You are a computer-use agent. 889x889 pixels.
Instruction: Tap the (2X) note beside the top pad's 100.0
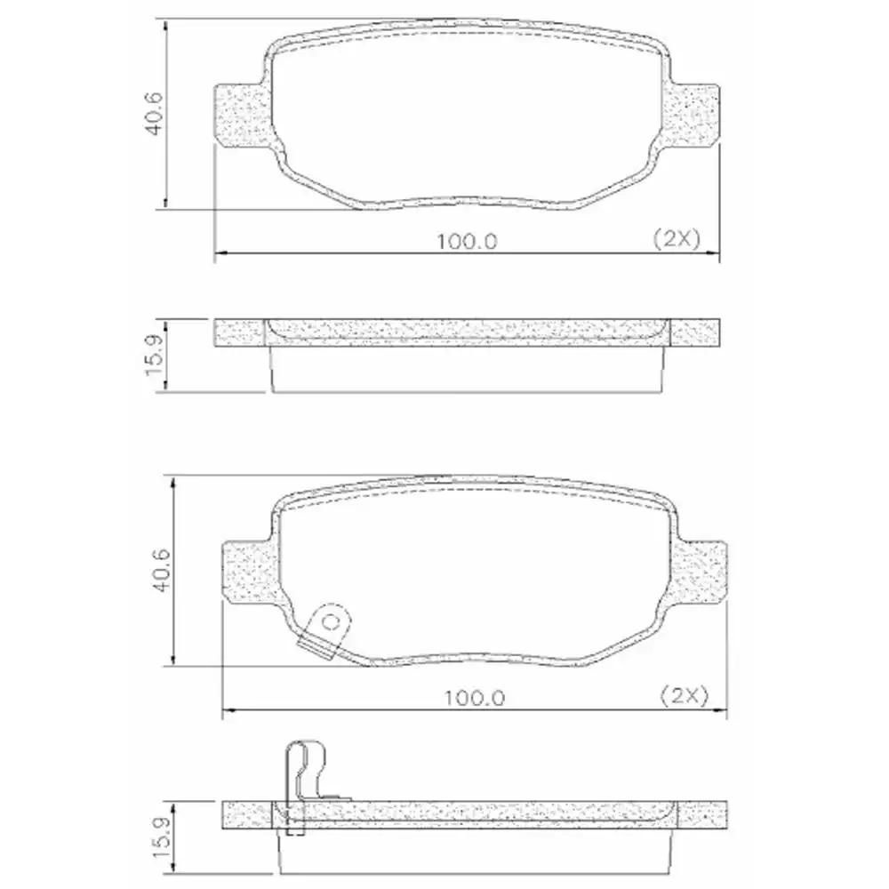[677, 238]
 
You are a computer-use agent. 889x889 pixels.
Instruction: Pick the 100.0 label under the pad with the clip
[475, 698]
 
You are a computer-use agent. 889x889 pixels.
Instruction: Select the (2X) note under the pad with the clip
[685, 697]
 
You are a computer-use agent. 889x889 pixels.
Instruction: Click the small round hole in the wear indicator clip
[330, 621]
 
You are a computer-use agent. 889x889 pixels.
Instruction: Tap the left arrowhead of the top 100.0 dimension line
[220, 256]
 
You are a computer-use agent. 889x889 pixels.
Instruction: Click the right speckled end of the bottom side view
[702, 813]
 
